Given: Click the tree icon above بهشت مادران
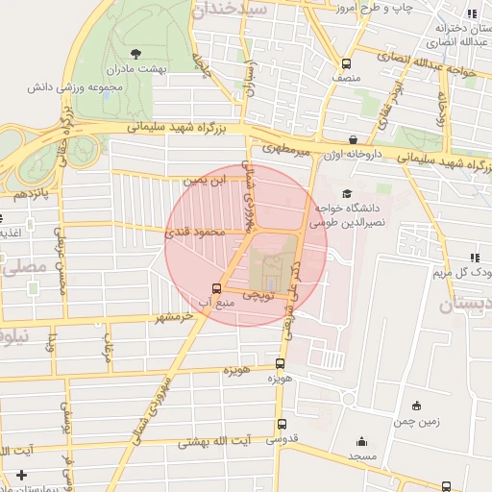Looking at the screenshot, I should (x=134, y=53).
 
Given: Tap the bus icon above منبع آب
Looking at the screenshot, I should (x=215, y=287).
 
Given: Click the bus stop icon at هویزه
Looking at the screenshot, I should (x=280, y=363).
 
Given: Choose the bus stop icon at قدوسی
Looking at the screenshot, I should (x=282, y=424).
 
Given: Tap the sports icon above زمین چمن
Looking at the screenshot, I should (x=415, y=406).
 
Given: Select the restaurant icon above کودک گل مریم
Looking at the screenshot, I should (x=475, y=257).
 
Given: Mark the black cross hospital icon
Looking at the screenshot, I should (x=21, y=475).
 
